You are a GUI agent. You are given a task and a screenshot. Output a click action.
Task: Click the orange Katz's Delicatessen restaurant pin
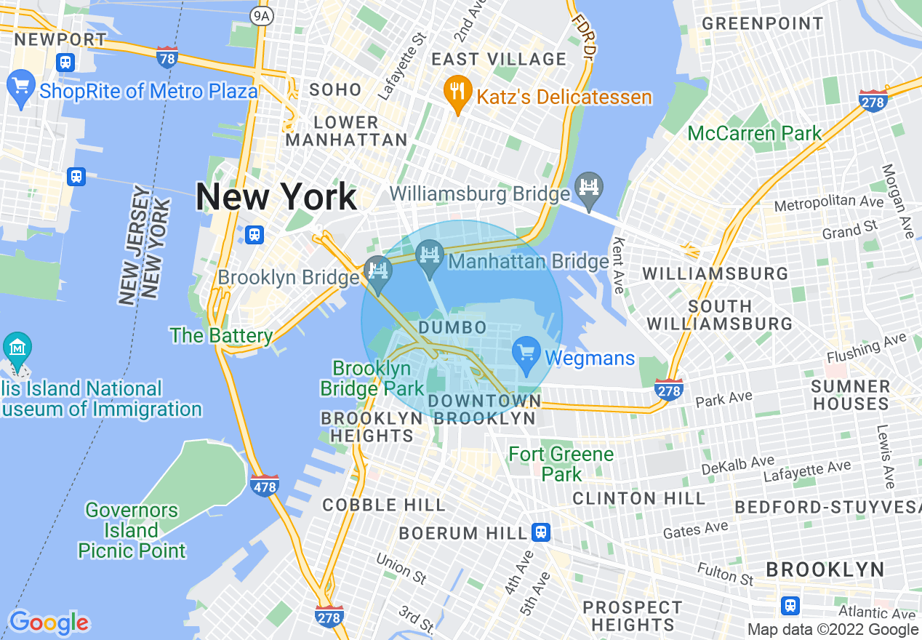point(457,92)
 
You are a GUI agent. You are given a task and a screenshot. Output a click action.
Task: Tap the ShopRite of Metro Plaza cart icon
point(20,88)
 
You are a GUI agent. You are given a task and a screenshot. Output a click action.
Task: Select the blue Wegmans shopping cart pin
point(526,354)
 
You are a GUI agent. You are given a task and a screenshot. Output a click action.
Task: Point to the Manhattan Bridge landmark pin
point(429,257)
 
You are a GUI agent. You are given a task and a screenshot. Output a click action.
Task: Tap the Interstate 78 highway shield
point(167,57)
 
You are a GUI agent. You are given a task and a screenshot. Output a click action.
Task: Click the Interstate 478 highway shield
point(265,485)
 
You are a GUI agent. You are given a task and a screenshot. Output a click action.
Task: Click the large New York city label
point(276,197)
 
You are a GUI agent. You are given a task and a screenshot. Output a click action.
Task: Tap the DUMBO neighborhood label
point(452,327)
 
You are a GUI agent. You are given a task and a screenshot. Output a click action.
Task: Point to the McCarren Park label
point(755,133)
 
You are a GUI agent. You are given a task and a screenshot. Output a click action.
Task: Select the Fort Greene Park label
point(561,464)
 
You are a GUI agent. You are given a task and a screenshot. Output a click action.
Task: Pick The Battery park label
point(221,335)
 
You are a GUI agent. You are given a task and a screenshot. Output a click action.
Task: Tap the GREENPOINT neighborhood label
point(762,23)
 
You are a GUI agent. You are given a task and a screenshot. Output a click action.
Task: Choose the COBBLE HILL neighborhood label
point(384,505)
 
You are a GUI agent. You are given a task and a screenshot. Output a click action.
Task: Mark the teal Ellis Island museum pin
point(17,349)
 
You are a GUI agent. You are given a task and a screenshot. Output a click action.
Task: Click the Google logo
point(49,623)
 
